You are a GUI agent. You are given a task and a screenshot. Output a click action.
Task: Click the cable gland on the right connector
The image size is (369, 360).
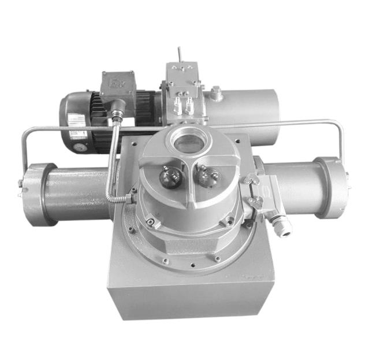282,224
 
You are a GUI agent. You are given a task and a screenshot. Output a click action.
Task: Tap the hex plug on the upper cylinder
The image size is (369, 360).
217,92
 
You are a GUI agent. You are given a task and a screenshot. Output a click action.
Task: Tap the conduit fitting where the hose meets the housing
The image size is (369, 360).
129,198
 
